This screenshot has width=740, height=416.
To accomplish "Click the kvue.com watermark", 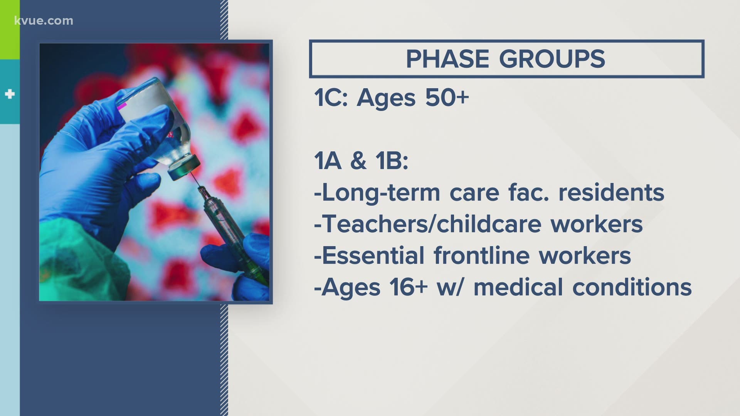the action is point(44,21).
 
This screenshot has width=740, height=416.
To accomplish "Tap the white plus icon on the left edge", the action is point(10,94).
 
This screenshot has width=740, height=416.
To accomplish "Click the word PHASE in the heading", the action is point(447,59).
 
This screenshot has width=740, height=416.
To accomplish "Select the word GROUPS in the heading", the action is point(552,59).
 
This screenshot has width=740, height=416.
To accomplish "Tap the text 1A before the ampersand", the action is point(328,161).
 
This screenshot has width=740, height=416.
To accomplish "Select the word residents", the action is point(612,193).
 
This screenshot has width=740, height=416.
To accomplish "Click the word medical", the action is point(518,287).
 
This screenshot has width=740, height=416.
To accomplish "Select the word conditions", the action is point(632,287).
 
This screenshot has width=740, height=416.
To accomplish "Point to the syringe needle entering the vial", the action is point(195,181).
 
